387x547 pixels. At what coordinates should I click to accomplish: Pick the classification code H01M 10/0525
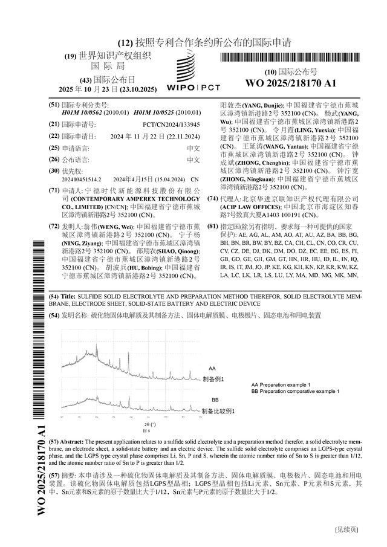click(154, 112)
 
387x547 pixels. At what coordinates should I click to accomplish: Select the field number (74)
click(213, 199)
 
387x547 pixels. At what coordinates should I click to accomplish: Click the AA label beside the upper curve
click(212, 368)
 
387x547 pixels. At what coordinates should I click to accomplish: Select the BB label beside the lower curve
click(215, 400)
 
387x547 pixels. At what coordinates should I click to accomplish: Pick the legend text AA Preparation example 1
click(281, 385)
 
